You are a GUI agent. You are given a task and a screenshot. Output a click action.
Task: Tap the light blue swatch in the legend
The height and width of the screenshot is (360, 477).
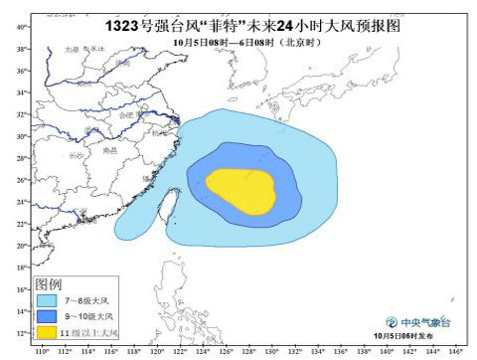click(47, 297)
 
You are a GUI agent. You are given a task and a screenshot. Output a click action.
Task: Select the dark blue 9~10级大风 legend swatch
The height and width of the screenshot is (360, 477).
click(47, 314)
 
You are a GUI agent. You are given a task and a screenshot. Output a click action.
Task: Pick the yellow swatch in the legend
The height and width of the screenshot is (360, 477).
click(47, 331)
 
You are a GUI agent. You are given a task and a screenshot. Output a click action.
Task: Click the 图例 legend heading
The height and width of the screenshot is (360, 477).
click(49, 282)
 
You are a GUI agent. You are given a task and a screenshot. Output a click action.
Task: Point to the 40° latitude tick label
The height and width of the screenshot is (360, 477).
click(21, 26)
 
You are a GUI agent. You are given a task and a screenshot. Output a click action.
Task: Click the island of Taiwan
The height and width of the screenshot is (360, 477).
click(165, 205)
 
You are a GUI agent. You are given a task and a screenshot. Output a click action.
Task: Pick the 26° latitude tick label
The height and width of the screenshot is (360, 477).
click(21, 180)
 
